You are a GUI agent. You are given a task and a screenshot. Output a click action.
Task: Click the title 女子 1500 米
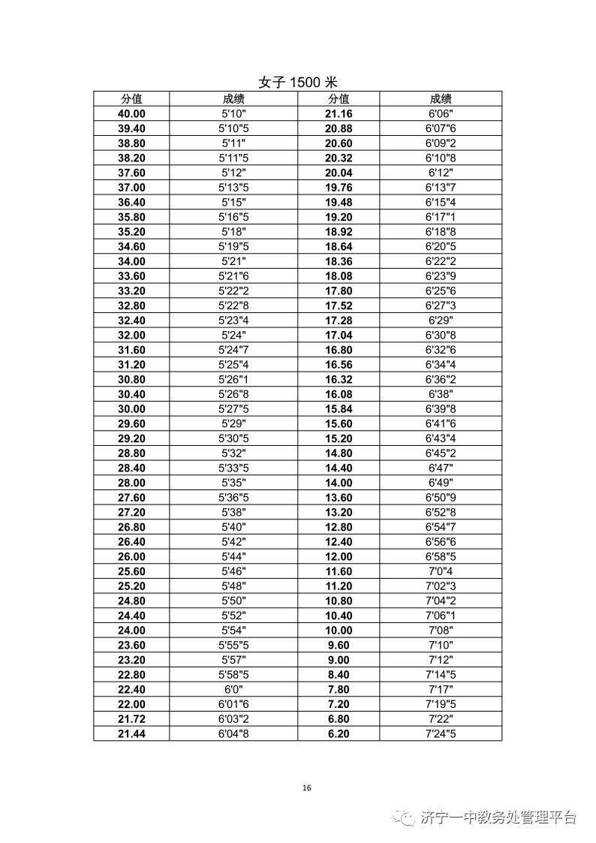pos(298,83)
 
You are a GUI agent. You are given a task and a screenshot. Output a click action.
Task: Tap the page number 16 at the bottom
pos(306,787)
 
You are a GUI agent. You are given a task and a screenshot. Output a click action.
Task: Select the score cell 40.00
pos(131,113)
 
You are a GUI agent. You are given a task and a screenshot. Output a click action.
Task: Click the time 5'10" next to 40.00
pos(233,113)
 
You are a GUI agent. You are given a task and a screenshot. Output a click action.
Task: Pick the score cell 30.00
pos(131,409)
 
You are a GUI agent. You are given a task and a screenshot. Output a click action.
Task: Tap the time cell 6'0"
pos(233,689)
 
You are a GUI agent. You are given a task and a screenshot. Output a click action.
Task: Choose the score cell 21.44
pos(131,733)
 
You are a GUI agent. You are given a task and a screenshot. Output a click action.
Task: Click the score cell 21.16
pos(339,113)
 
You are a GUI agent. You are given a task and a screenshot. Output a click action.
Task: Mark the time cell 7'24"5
pos(441,733)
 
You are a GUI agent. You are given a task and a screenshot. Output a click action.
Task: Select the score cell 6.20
pos(339,733)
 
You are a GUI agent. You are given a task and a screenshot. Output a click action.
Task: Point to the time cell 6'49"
pos(441,483)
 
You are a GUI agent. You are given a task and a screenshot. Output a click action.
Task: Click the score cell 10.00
pos(339,631)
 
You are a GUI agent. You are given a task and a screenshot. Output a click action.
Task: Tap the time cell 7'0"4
pos(441,571)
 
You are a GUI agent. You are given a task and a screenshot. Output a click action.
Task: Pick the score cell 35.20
pos(131,232)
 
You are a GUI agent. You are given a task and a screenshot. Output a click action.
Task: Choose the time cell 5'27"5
pos(233,409)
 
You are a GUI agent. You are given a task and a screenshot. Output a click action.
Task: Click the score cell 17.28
pos(339,321)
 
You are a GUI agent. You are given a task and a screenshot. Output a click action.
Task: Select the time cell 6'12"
pos(441,173)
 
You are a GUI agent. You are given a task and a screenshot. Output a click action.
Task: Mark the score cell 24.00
pos(131,631)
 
